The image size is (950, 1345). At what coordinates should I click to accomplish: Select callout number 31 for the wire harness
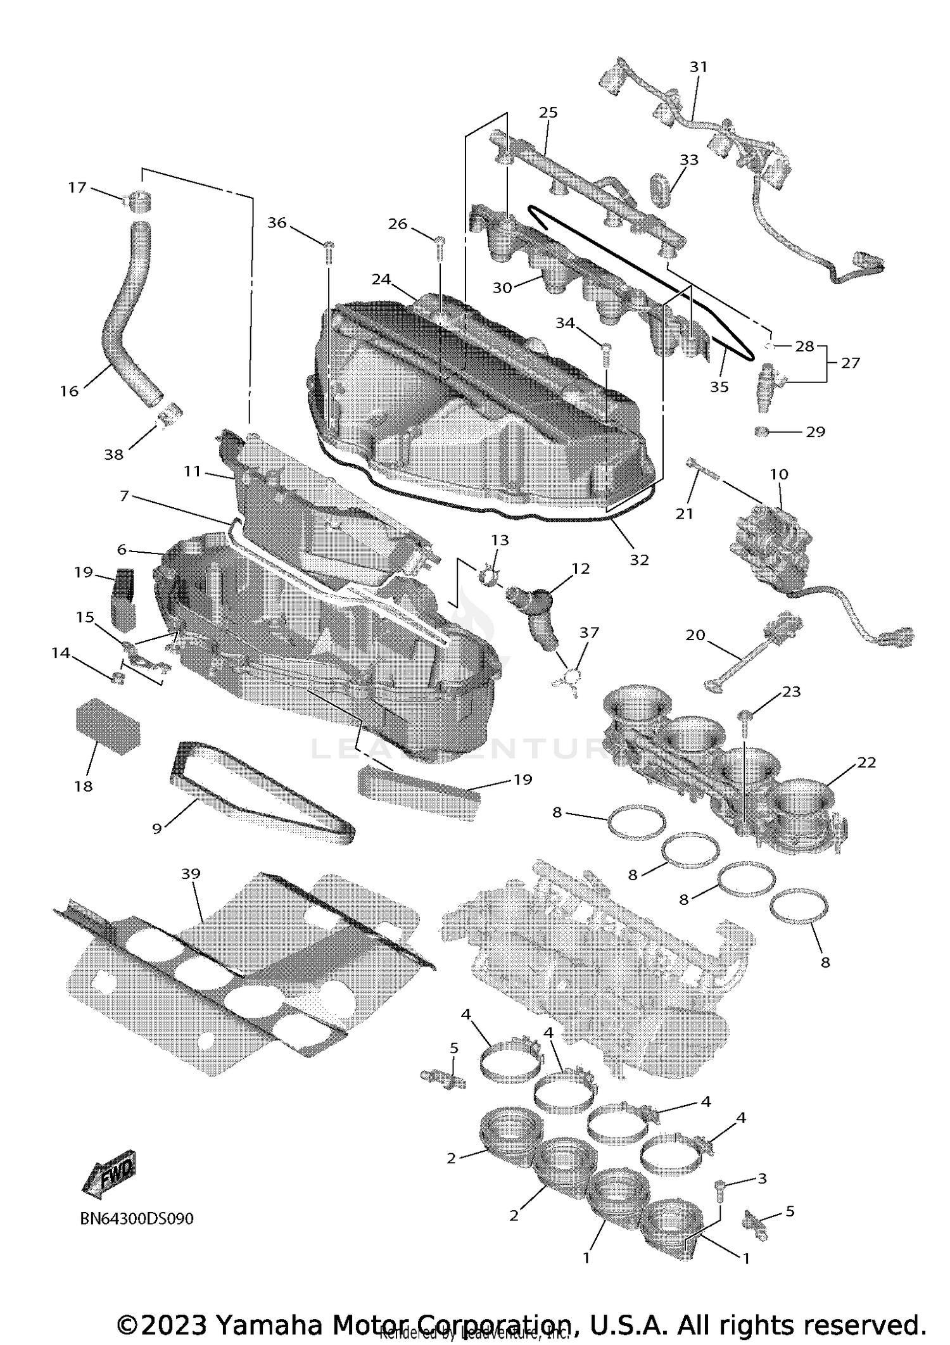[698, 66]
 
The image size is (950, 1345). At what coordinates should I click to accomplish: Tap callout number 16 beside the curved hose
[69, 391]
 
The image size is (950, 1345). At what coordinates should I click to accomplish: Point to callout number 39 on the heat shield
[191, 874]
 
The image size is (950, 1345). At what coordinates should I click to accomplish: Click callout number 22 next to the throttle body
[866, 762]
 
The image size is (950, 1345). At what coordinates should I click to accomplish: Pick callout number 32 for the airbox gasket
[639, 560]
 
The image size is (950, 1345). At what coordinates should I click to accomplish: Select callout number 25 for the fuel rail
[548, 112]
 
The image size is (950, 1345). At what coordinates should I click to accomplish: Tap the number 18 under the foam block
[84, 786]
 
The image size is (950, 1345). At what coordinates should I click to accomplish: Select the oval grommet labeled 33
[660, 186]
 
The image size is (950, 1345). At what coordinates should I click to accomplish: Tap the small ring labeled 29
[762, 432]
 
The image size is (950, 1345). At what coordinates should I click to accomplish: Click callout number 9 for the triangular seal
[157, 828]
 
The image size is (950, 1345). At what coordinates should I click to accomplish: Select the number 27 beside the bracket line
[850, 363]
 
